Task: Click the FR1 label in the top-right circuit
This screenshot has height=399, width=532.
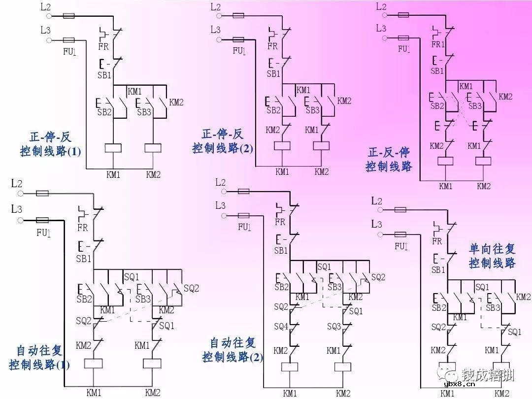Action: tap(438, 44)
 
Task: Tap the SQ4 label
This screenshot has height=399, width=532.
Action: tap(281, 327)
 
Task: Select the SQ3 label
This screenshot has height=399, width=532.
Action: tap(334, 327)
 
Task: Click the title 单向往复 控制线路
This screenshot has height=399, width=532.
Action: tap(492, 255)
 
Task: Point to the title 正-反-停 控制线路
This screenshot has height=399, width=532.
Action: tap(389, 159)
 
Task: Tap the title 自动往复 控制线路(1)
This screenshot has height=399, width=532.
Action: tap(39, 358)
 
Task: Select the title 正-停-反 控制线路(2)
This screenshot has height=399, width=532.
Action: tap(223, 141)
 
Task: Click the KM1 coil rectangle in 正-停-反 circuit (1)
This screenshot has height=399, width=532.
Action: tap(114, 148)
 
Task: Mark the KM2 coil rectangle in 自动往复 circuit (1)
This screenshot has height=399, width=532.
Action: tap(152, 364)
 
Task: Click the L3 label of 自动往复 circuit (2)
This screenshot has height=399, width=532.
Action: tap(220, 205)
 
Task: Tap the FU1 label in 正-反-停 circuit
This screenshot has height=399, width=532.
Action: tap(404, 49)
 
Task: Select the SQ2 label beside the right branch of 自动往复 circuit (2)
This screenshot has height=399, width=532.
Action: tap(378, 278)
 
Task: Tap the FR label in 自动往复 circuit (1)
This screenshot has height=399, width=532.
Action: tap(83, 228)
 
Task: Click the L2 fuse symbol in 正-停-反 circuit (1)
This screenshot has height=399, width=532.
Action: tap(68, 16)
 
